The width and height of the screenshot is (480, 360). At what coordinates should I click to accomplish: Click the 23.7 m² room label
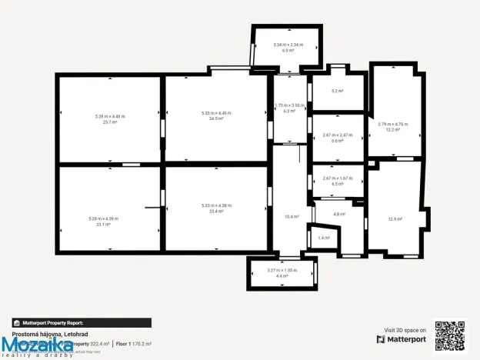[110, 122]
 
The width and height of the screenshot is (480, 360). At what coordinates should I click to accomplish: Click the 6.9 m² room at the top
[288, 50]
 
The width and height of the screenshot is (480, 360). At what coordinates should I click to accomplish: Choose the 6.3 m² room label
[289, 111]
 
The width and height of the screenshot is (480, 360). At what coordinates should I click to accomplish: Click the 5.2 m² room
[337, 91]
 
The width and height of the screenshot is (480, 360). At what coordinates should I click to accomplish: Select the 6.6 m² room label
[337, 141]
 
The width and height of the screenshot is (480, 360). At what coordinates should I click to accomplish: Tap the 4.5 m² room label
[337, 184]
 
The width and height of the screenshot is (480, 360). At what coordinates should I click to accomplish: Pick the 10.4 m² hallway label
[292, 216]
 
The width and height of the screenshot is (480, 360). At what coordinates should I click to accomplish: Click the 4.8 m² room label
[338, 214]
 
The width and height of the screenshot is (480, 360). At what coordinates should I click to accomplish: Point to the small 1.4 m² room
[323, 238]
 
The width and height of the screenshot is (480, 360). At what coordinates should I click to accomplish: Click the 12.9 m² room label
[395, 219]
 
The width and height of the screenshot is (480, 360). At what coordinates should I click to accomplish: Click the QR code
[450, 335]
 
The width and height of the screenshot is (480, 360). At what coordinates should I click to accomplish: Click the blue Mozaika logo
[37, 345]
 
